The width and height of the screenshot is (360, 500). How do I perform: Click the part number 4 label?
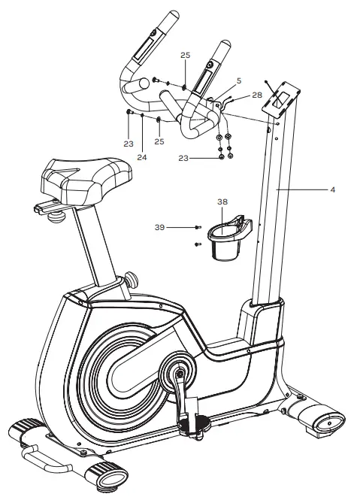[x=332, y=190]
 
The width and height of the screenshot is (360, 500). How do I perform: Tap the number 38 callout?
[x=222, y=202]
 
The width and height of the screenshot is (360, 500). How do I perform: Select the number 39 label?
[x=159, y=226]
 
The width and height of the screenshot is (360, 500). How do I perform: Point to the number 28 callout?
[x=257, y=95]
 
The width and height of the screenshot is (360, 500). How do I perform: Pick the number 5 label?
[x=239, y=80]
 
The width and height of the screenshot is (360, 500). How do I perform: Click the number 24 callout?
[x=142, y=157]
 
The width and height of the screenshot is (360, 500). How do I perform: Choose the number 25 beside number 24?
[x=159, y=141]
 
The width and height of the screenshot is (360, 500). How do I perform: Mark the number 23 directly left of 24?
[x=129, y=141]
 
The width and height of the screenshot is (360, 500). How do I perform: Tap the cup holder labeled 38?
[x=226, y=239]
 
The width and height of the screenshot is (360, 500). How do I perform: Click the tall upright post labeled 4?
[x=271, y=211]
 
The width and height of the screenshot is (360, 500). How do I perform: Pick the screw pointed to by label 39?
[x=197, y=226]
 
